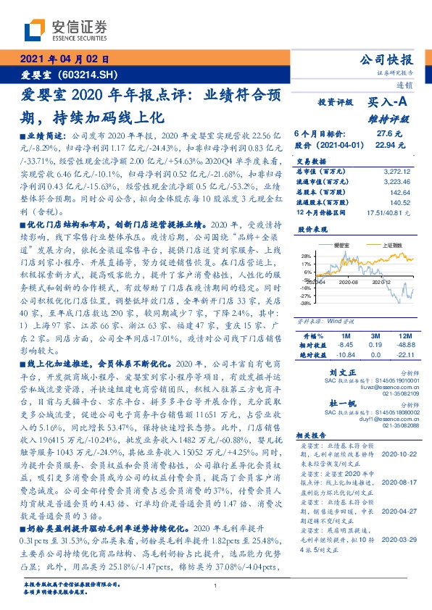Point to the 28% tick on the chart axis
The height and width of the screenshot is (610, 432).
(307, 256)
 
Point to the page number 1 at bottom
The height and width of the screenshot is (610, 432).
(216, 585)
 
